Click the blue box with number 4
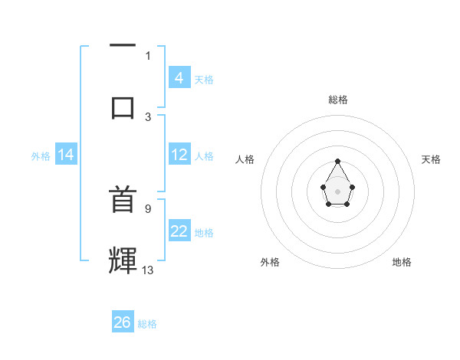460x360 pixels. click(x=179, y=78)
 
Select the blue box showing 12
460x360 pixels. click(x=179, y=155)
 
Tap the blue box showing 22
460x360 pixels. click(x=179, y=231)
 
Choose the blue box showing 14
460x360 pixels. click(x=66, y=155)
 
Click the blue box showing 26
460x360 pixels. click(x=123, y=322)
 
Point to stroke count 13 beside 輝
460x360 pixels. click(x=148, y=270)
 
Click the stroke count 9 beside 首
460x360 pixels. click(x=147, y=208)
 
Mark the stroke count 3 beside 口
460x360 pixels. click(x=148, y=116)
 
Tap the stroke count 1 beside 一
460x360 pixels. click(x=148, y=55)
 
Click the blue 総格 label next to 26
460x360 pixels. click(x=147, y=324)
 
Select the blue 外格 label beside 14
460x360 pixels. click(x=41, y=156)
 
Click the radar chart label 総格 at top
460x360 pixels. click(x=337, y=100)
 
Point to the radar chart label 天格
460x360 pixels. click(x=431, y=159)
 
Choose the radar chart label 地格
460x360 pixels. click(x=402, y=262)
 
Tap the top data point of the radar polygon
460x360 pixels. click(x=337, y=162)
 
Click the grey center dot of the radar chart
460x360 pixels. click(x=337, y=191)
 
